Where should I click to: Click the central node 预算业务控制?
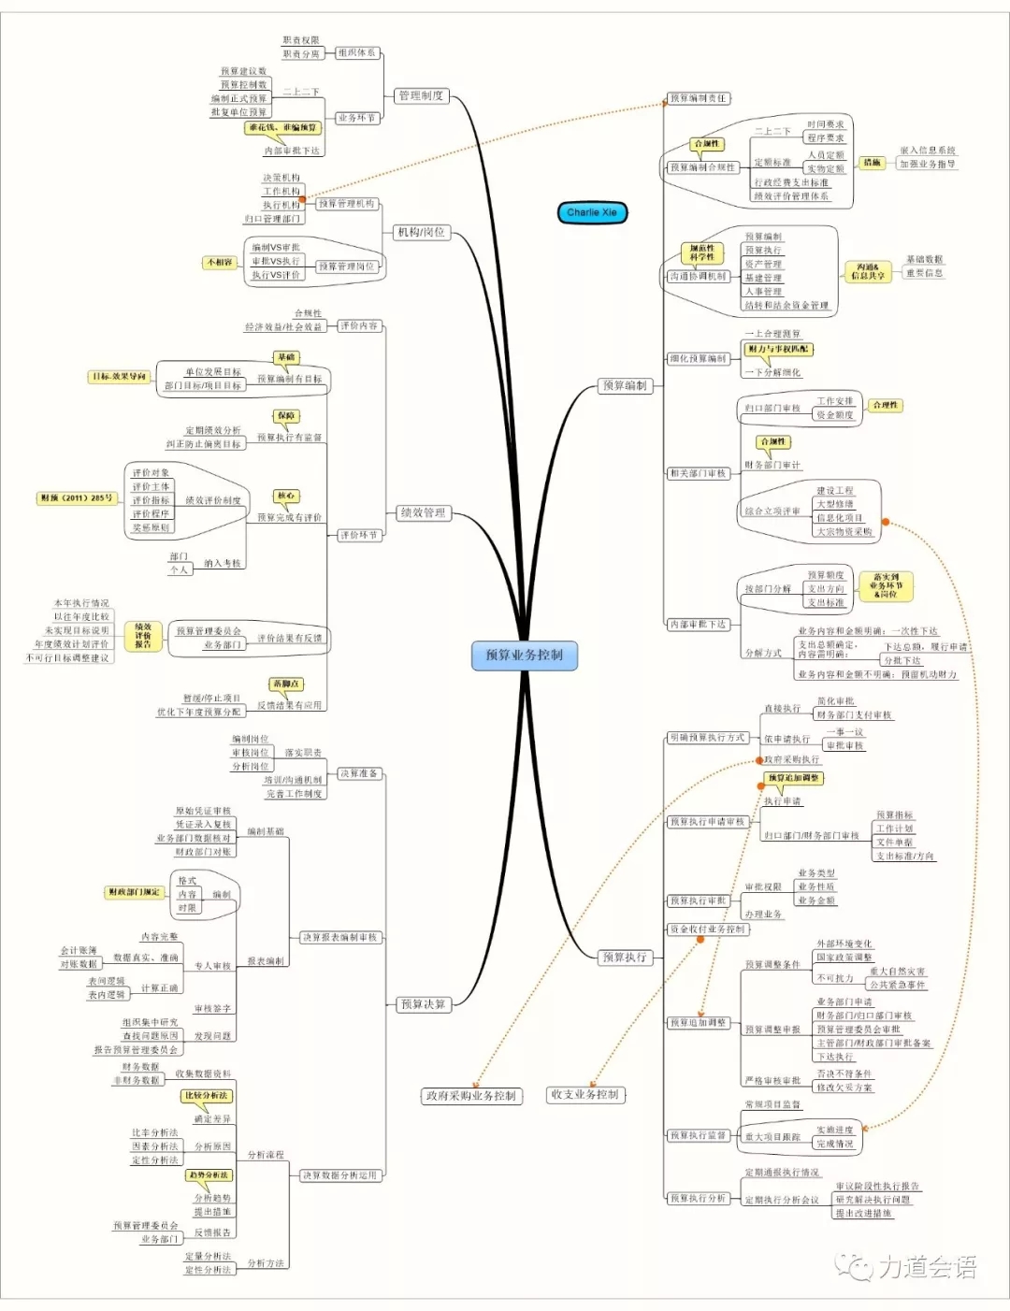coord(524,655)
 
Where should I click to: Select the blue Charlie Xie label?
coord(591,212)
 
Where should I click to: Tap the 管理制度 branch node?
coord(421,95)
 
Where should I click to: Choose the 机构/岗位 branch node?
coord(421,232)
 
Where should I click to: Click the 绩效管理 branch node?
coord(423,512)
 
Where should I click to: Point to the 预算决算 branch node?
coord(423,1004)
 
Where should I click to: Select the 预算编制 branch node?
coord(625,385)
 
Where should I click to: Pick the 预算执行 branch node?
coord(625,957)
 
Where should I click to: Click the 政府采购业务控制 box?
coord(470,1095)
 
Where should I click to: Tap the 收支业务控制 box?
coord(584,1094)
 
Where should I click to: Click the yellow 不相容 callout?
coord(220,263)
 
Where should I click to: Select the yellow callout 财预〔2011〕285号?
coord(77,498)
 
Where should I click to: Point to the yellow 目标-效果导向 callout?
coord(119,377)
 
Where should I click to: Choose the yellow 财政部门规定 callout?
coord(134,892)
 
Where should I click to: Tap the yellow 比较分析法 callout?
coord(206,1095)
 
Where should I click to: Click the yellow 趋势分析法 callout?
coord(208,1174)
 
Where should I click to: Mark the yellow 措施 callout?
coord(872,163)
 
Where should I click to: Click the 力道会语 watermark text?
coord(926,1267)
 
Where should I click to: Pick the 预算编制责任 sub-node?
coord(698,98)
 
